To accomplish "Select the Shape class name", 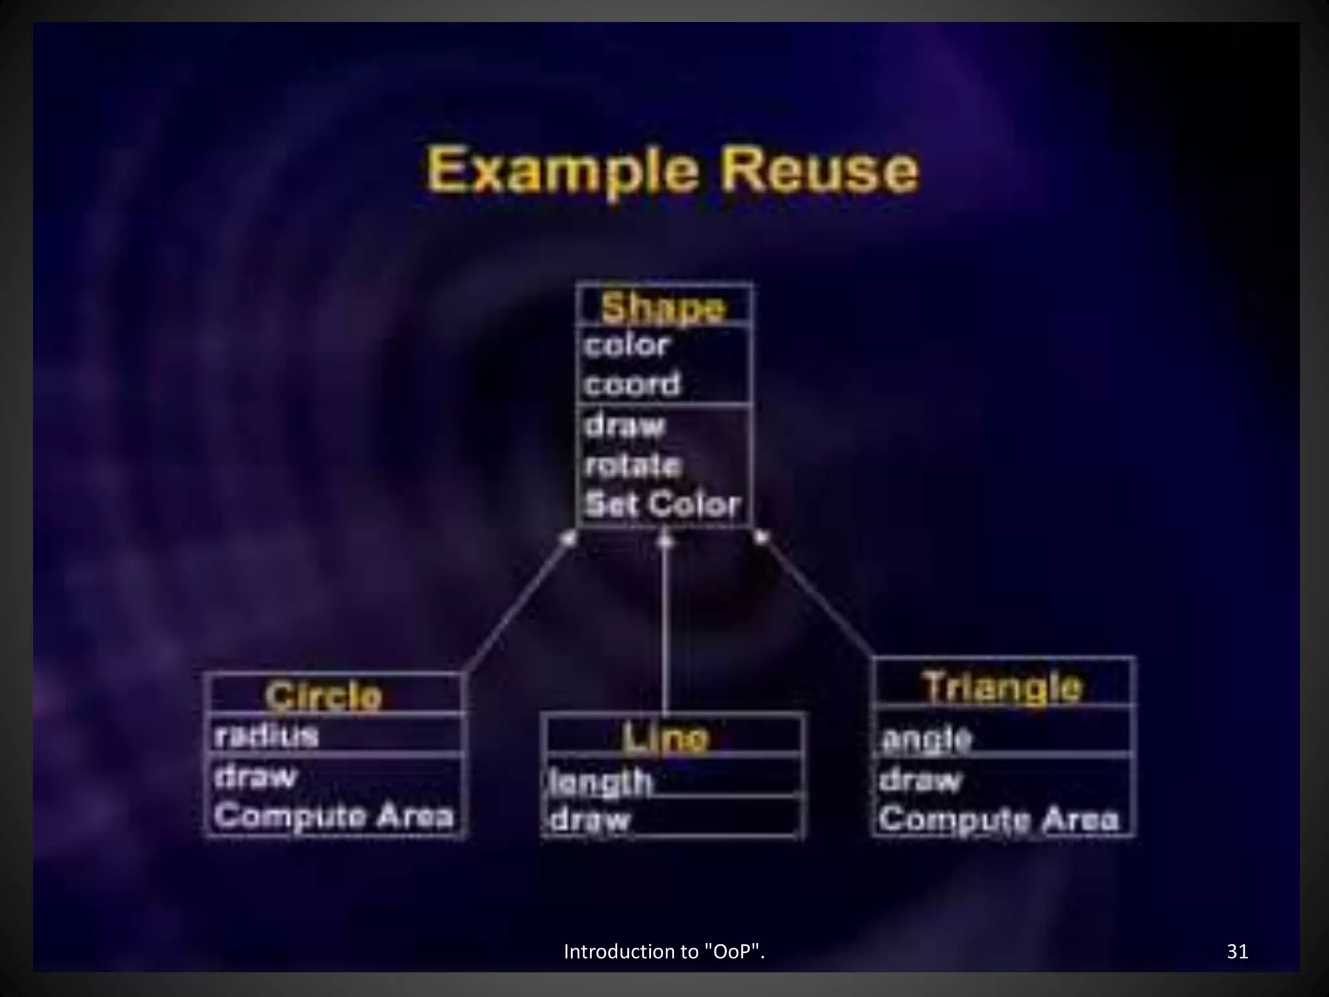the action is [x=663, y=307].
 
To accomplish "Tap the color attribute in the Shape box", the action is [x=626, y=345].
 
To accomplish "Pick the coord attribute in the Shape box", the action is [x=632, y=384].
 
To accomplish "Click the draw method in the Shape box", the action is [x=624, y=426].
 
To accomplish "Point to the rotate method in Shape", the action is [x=633, y=465].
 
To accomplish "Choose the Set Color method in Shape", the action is [x=662, y=504].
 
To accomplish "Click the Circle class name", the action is [x=324, y=696].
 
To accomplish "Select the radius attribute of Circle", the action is [x=266, y=736].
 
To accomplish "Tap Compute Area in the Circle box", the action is [x=334, y=816].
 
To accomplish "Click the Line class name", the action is [x=665, y=737].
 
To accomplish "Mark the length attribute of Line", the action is [x=600, y=781].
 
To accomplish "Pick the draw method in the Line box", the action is [x=590, y=820].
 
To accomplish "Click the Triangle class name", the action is [x=1003, y=686].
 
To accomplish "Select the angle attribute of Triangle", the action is [x=926, y=739].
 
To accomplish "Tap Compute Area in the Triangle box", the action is [x=999, y=819].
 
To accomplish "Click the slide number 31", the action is [x=1238, y=952].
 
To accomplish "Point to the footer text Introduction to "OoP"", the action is [x=664, y=952].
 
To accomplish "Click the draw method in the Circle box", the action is [x=255, y=776].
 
